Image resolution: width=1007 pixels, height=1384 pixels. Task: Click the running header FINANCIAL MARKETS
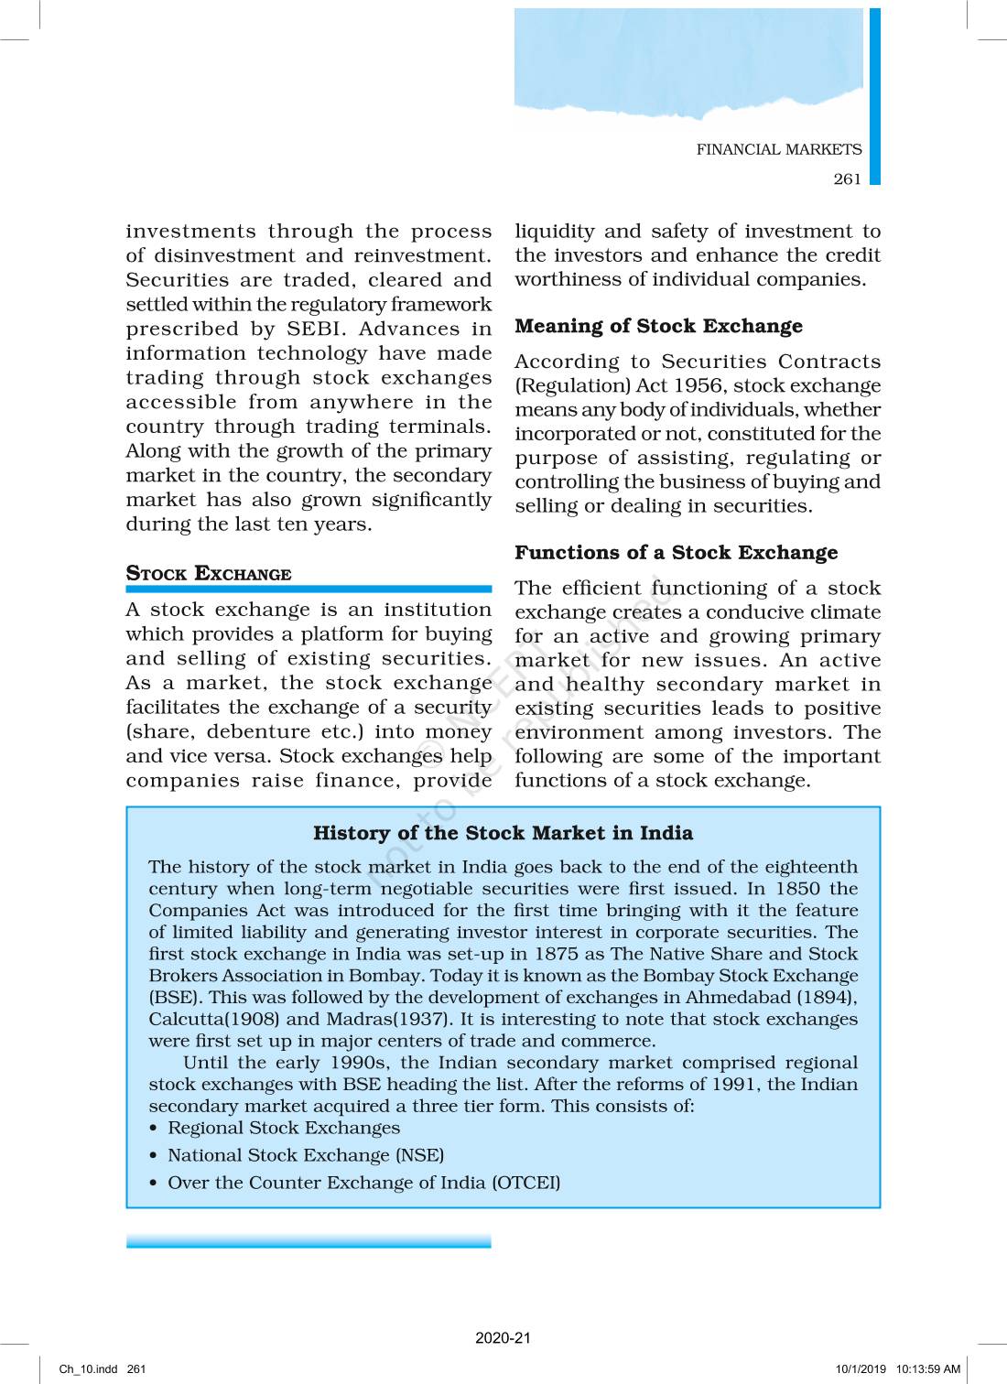(x=778, y=149)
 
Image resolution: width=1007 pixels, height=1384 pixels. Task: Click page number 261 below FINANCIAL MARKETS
(x=847, y=178)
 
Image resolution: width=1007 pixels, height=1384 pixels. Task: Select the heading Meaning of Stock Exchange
(x=658, y=326)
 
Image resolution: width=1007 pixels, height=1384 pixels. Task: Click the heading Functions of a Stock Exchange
(x=676, y=552)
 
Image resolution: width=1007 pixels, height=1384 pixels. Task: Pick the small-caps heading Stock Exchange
(x=209, y=574)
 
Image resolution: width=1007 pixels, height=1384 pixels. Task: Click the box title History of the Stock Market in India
(x=503, y=833)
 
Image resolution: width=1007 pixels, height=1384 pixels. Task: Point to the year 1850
(x=797, y=889)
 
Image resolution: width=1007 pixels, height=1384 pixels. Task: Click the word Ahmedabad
(x=738, y=998)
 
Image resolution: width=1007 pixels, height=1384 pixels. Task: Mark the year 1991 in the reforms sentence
(x=737, y=1085)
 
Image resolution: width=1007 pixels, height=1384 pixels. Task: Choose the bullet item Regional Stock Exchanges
(x=284, y=1128)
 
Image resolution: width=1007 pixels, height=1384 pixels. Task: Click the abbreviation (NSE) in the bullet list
(x=420, y=1155)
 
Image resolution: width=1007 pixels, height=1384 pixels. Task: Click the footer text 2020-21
(x=503, y=1337)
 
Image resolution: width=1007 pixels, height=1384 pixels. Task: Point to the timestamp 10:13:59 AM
(x=928, y=1369)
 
